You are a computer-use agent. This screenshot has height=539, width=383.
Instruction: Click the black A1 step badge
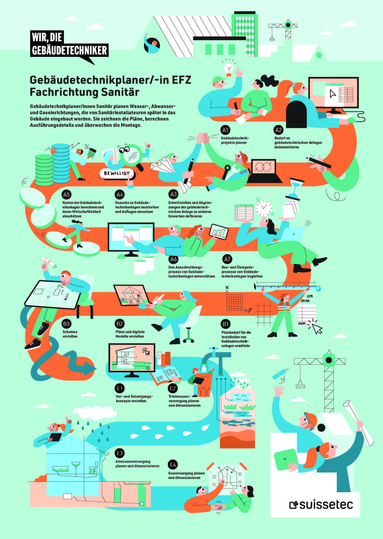(x=226, y=130)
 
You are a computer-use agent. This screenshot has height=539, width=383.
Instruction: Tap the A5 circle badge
(x=66, y=195)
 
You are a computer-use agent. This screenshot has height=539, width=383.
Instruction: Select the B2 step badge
(x=120, y=324)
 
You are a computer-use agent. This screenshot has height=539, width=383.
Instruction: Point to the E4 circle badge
(x=173, y=465)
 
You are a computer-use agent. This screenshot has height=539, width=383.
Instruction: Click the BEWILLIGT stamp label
(x=117, y=173)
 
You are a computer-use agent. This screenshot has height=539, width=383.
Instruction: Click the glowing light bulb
(x=229, y=69)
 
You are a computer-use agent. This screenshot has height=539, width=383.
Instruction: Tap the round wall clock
(x=263, y=208)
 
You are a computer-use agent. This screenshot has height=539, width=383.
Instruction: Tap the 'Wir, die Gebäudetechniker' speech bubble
(x=69, y=46)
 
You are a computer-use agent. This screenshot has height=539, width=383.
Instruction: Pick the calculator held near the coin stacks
(x=92, y=152)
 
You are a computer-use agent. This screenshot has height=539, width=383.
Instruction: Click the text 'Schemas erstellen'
(x=70, y=334)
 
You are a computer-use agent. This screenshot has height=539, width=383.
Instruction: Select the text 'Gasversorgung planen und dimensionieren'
(x=186, y=475)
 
